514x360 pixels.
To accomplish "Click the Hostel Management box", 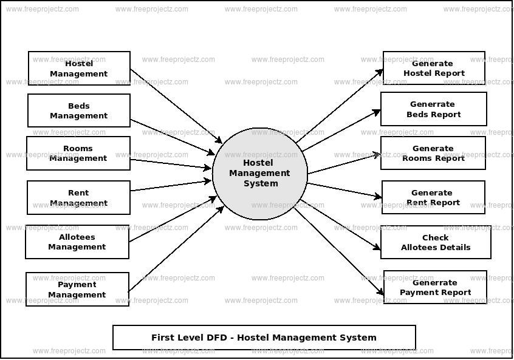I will point(79,68).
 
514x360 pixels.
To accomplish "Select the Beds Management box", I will point(79,110).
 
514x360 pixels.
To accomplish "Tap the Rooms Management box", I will point(78,153).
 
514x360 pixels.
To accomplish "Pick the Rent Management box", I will point(78,197).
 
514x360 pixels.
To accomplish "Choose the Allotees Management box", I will point(77,242).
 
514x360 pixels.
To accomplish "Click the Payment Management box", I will point(77,289).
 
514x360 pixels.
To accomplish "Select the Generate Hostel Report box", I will point(434,68).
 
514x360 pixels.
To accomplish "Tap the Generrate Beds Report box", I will point(434,109).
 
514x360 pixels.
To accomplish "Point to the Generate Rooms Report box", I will point(433,153).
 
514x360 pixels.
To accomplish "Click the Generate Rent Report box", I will point(433,197).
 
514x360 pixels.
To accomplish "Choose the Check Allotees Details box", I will point(436,242).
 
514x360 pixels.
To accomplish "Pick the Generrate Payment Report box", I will point(435,287).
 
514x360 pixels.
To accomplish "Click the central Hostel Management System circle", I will point(260,174).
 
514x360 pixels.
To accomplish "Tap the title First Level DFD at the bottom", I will point(264,338).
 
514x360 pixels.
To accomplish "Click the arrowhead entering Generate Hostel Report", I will point(380,72).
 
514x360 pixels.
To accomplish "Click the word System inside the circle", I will point(261,184).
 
